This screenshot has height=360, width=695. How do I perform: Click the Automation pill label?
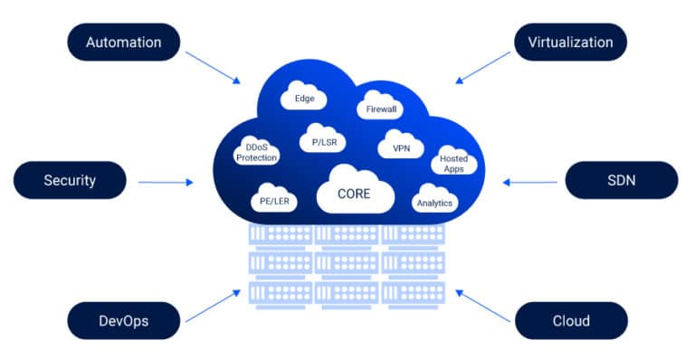(x=123, y=43)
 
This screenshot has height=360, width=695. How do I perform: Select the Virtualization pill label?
(x=570, y=43)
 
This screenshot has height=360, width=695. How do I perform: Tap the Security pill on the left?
(x=70, y=180)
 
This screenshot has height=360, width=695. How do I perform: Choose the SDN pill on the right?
(x=621, y=180)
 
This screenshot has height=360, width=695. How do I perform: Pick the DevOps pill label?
(x=123, y=320)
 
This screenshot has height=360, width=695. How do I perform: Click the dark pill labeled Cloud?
(x=570, y=320)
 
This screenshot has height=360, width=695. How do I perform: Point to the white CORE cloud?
(x=355, y=193)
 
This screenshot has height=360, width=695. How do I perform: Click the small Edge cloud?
(x=304, y=98)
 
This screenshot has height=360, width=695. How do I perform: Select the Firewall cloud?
(x=382, y=109)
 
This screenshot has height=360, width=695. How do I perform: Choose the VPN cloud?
(x=402, y=147)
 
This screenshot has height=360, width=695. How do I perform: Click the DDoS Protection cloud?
(x=256, y=152)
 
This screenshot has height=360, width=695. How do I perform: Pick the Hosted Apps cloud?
(x=453, y=163)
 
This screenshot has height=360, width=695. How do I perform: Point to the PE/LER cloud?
(x=274, y=201)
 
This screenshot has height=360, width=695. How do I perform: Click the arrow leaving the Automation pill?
(x=214, y=70)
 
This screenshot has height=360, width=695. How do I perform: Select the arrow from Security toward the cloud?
(x=166, y=182)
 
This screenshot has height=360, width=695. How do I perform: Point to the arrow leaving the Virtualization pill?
(x=481, y=69)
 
